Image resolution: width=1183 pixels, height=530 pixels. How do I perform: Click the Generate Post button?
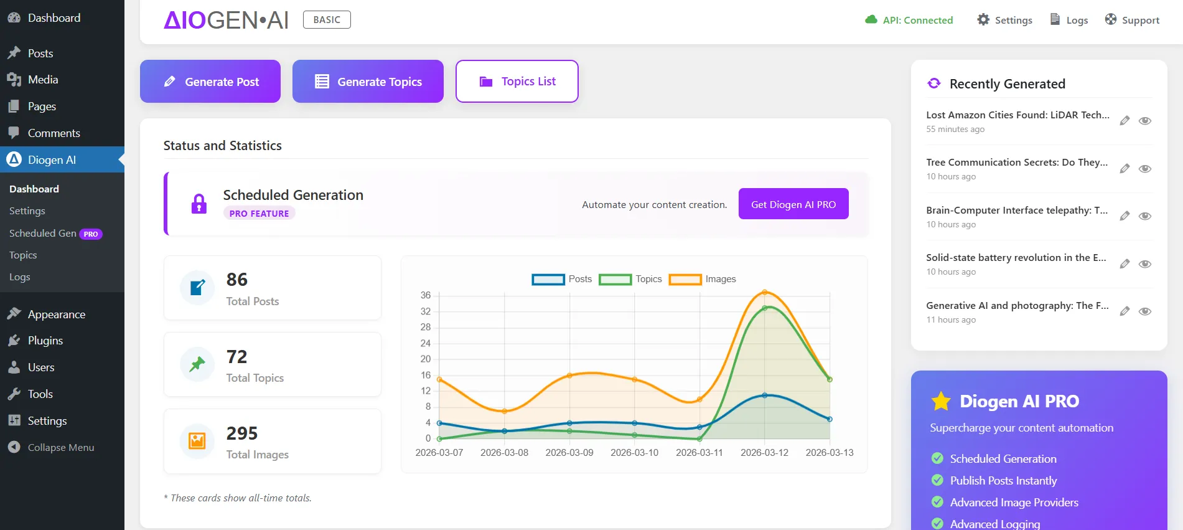coord(210,82)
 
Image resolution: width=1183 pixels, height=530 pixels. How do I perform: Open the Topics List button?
coord(517,82)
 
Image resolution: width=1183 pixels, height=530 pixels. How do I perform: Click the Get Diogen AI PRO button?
coord(793,204)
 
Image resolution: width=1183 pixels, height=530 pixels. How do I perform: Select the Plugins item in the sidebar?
coord(45,341)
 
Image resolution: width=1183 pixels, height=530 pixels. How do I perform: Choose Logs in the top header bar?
coord(1069,20)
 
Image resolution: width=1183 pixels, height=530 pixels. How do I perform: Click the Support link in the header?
coord(1132,20)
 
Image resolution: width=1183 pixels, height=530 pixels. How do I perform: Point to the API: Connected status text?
coord(917,20)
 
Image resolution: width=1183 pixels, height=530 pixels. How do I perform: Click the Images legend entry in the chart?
coord(703,279)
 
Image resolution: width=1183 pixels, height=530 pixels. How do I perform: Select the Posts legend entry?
coord(562,279)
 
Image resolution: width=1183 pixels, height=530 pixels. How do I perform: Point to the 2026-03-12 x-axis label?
coord(764,453)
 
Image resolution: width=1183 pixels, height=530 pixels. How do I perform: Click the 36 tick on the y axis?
coord(426,295)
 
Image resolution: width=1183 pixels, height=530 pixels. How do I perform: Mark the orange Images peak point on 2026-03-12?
coord(765,292)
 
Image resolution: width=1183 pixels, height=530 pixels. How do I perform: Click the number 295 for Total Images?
coord(241,433)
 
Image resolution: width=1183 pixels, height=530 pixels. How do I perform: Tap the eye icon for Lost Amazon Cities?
coord(1144,121)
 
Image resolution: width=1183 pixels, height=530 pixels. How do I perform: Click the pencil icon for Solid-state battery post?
coord(1125,264)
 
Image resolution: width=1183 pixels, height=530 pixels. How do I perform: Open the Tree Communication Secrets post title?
coord(1016,163)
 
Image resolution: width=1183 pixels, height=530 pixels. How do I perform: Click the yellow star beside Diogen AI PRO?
coord(941,401)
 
